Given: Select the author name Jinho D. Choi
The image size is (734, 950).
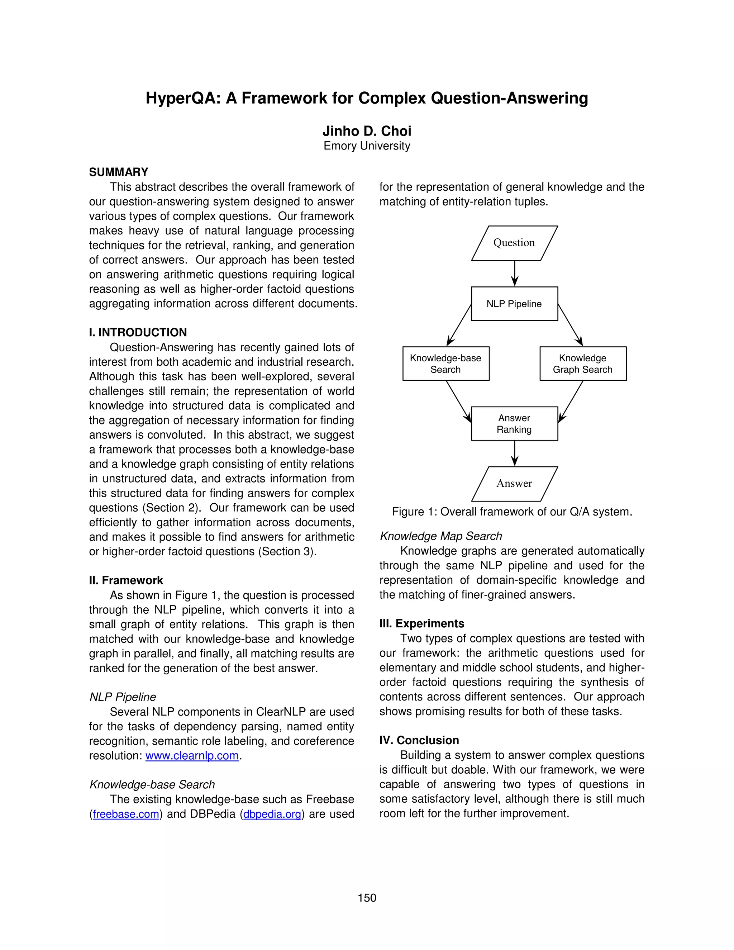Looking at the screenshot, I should pyautogui.click(x=367, y=131).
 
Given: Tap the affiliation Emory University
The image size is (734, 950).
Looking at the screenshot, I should pyautogui.click(x=367, y=146).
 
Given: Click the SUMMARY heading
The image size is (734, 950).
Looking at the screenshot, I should pyautogui.click(x=118, y=172).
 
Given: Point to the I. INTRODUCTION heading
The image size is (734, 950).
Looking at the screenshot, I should pyautogui.click(x=138, y=332).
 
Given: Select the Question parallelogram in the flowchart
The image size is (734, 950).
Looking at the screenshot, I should pyautogui.click(x=514, y=243).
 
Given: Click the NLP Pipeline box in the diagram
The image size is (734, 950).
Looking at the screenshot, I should pyautogui.click(x=514, y=304).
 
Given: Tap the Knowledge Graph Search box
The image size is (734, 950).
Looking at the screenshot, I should pyautogui.click(x=583, y=364).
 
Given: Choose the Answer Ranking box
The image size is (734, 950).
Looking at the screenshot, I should pyautogui.click(x=514, y=424).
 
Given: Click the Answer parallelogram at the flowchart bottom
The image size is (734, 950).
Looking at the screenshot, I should pyautogui.click(x=514, y=483).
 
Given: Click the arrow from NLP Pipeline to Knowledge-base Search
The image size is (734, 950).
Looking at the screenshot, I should pyautogui.click(x=459, y=324).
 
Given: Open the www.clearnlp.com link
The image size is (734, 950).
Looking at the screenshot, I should pyautogui.click(x=192, y=756).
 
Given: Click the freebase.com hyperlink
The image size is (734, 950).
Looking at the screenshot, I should pyautogui.click(x=126, y=814).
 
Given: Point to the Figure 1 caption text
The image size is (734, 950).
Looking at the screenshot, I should pyautogui.click(x=512, y=512).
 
